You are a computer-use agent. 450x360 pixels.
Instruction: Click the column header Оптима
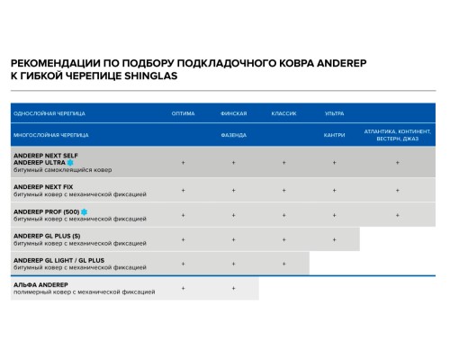183,114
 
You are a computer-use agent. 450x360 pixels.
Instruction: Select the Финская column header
233,114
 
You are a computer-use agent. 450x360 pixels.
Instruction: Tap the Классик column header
283,114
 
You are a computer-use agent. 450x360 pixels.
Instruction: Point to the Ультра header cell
334,114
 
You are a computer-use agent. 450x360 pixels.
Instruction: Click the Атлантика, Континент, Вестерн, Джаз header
397,135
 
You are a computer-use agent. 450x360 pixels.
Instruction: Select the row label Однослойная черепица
49,114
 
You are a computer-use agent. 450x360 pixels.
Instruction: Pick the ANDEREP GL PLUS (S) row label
47,236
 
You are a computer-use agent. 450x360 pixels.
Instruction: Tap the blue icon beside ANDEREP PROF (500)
84,211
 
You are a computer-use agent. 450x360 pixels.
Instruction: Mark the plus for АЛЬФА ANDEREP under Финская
233,288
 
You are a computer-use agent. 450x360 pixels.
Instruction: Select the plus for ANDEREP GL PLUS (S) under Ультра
334,239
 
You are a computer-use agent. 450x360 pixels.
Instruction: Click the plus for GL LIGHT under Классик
283,264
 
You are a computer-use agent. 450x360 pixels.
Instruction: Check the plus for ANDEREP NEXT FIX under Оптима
183,190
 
